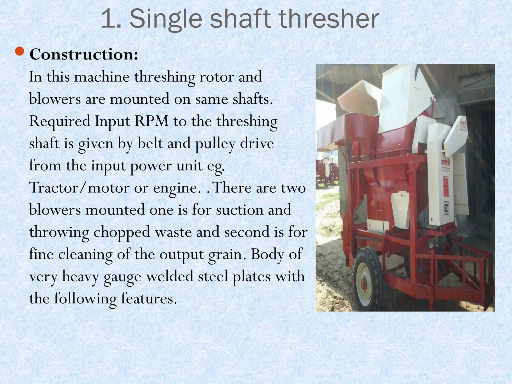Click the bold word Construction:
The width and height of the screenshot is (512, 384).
pos(84,54)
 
